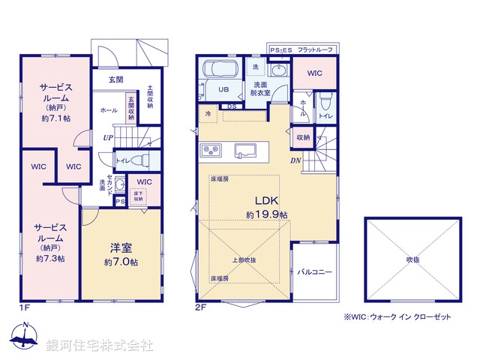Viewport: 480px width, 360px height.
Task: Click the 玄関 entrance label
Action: click(x=115, y=79)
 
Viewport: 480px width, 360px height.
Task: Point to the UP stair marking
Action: click(x=109, y=138)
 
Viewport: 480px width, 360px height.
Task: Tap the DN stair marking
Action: click(x=297, y=160)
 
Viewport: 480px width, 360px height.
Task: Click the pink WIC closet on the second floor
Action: click(x=314, y=73)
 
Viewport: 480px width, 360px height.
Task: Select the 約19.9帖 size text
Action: click(x=266, y=214)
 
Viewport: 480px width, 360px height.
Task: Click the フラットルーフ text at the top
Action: click(x=316, y=49)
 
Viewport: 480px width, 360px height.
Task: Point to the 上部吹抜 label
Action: click(x=243, y=260)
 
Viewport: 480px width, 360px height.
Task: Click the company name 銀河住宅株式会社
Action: click(x=100, y=346)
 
